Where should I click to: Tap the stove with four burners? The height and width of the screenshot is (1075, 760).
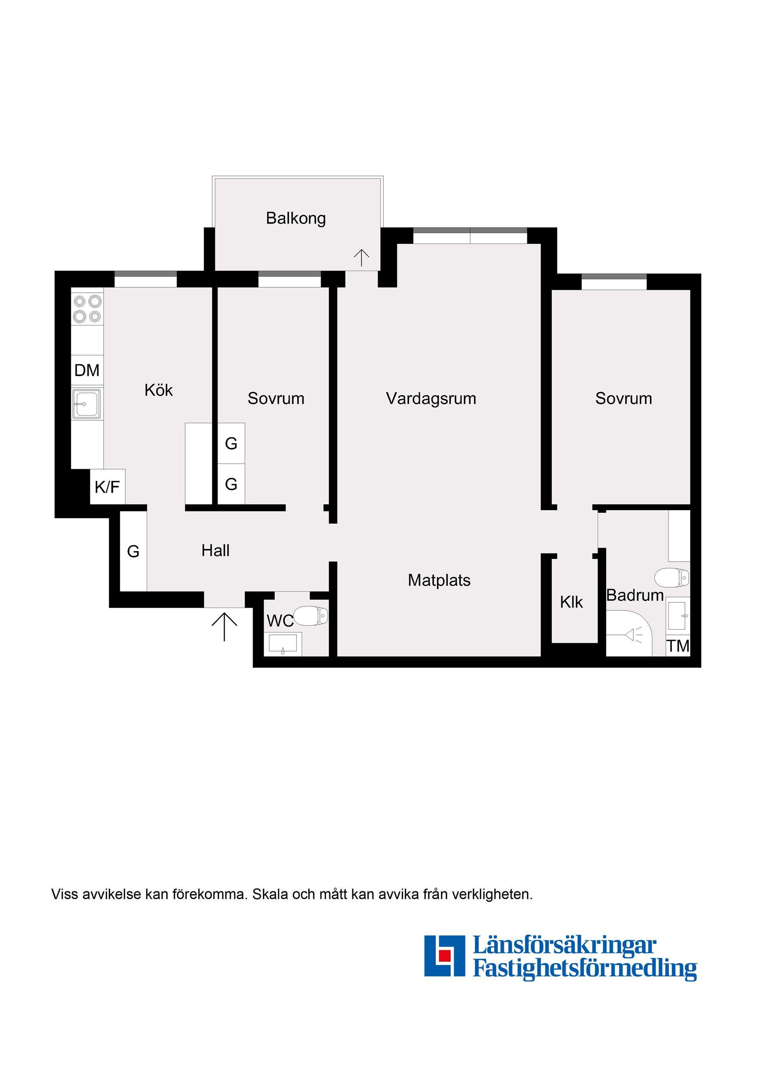[x=87, y=309]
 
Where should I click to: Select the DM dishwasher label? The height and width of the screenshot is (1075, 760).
[x=87, y=371]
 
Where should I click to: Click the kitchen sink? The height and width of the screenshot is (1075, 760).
[x=87, y=404]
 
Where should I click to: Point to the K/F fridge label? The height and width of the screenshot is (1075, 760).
[x=107, y=487]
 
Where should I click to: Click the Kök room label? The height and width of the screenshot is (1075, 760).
[x=158, y=391]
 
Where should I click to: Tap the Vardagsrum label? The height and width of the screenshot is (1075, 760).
[x=431, y=399]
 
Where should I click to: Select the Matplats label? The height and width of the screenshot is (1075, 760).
[x=439, y=581]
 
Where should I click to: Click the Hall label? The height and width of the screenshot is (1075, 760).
[x=215, y=551]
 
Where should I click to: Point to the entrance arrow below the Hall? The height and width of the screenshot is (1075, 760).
[x=224, y=626]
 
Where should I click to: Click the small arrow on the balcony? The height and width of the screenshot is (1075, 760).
[x=361, y=258]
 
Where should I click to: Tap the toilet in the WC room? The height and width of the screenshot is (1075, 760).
[x=312, y=616]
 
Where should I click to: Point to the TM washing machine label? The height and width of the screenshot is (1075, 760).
[x=678, y=646]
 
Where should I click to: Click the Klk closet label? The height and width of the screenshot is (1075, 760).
[x=571, y=602]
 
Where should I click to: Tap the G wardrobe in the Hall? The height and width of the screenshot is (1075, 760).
[x=133, y=551]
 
